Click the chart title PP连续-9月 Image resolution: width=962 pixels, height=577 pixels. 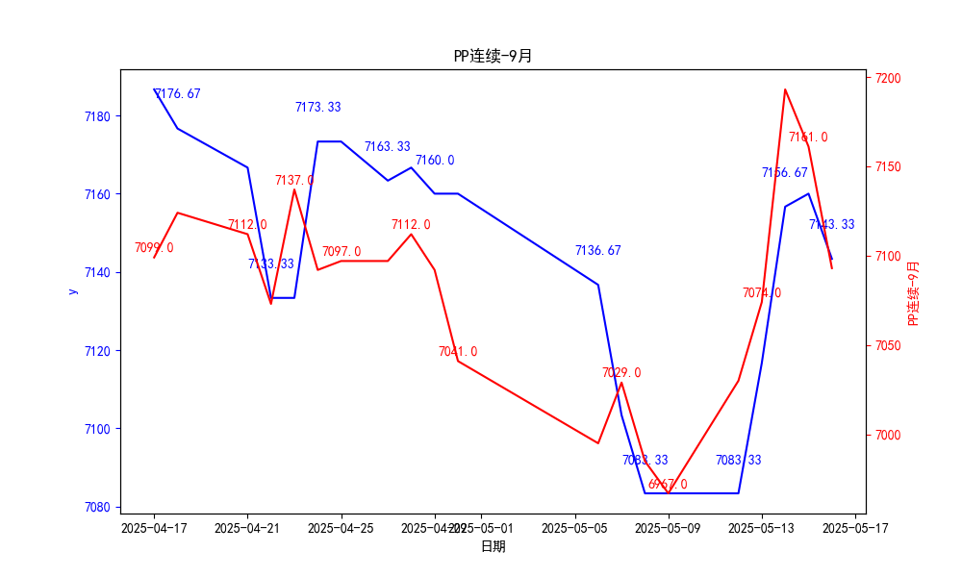coord(493,56)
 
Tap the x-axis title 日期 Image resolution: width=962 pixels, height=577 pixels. coord(493,546)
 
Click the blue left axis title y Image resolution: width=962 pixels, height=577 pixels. coord(71,290)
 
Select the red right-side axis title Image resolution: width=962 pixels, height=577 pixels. coord(914,292)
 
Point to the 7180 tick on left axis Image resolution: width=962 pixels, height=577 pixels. coord(97,116)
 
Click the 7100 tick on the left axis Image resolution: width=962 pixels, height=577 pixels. coord(97,429)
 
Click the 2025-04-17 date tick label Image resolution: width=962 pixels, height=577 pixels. coord(154,528)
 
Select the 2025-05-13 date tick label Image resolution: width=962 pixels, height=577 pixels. coord(762,528)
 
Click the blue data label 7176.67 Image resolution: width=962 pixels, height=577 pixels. coord(178,94)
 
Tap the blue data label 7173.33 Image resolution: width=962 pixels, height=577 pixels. coord(317,108)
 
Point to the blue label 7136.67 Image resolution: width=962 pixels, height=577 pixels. coord(598,251)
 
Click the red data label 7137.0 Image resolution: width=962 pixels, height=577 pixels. coord(294,181)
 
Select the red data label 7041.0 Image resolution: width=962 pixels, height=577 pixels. coord(458,352)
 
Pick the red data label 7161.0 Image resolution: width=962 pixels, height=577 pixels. coord(808,138)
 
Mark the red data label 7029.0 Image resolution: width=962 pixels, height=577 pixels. coord(621,373)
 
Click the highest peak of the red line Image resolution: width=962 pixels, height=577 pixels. coord(785,89)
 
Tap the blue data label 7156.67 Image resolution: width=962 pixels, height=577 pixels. coord(785,173)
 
